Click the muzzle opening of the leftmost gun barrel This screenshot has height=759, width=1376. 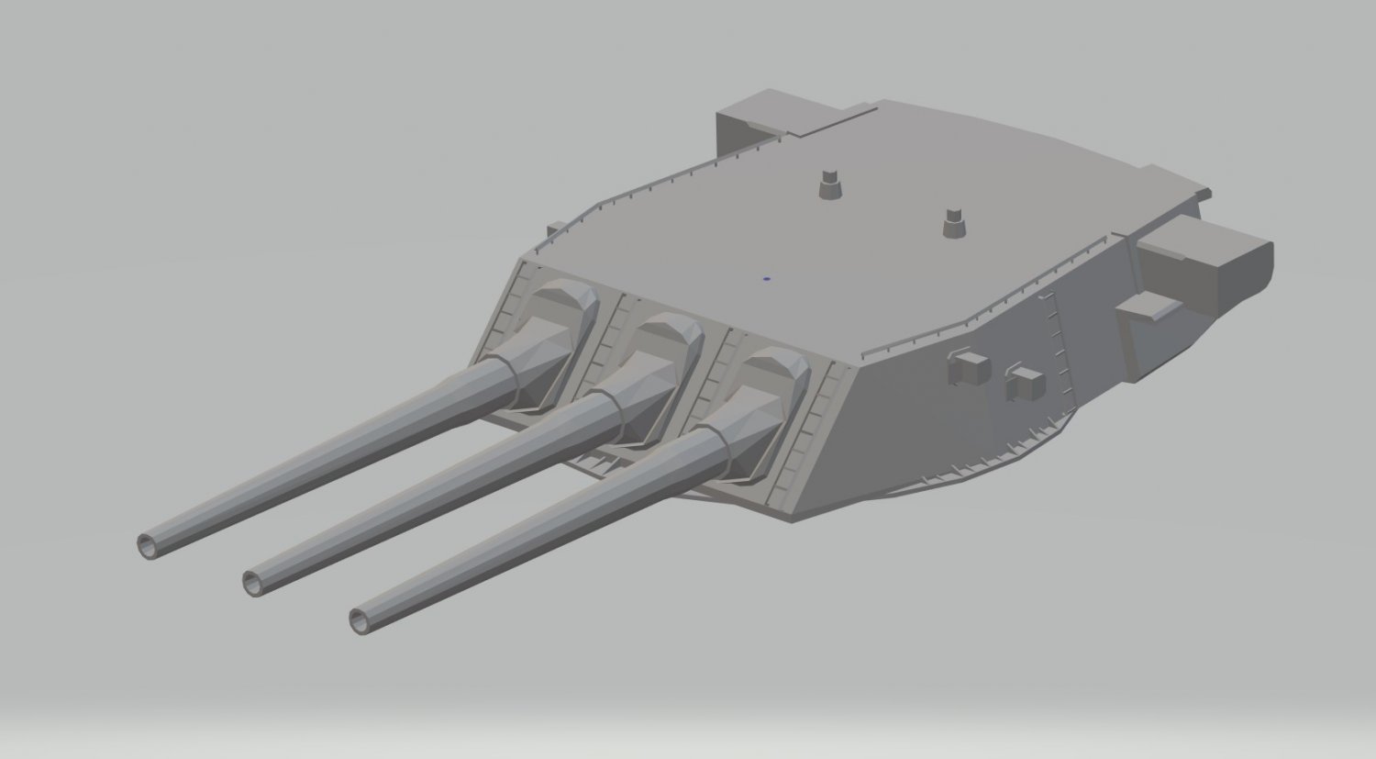148,545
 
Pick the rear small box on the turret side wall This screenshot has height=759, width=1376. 1025,383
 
